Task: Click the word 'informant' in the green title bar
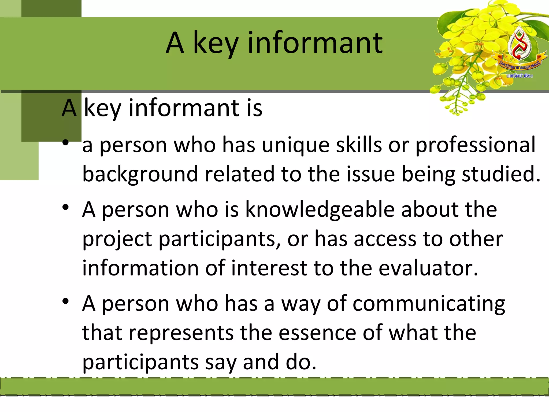(315, 43)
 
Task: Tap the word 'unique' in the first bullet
(296, 145)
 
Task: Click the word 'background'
(140, 175)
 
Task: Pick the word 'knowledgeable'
(320, 209)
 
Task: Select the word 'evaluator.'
(428, 268)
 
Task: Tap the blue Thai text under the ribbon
(520, 76)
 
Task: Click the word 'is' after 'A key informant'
(254, 108)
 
